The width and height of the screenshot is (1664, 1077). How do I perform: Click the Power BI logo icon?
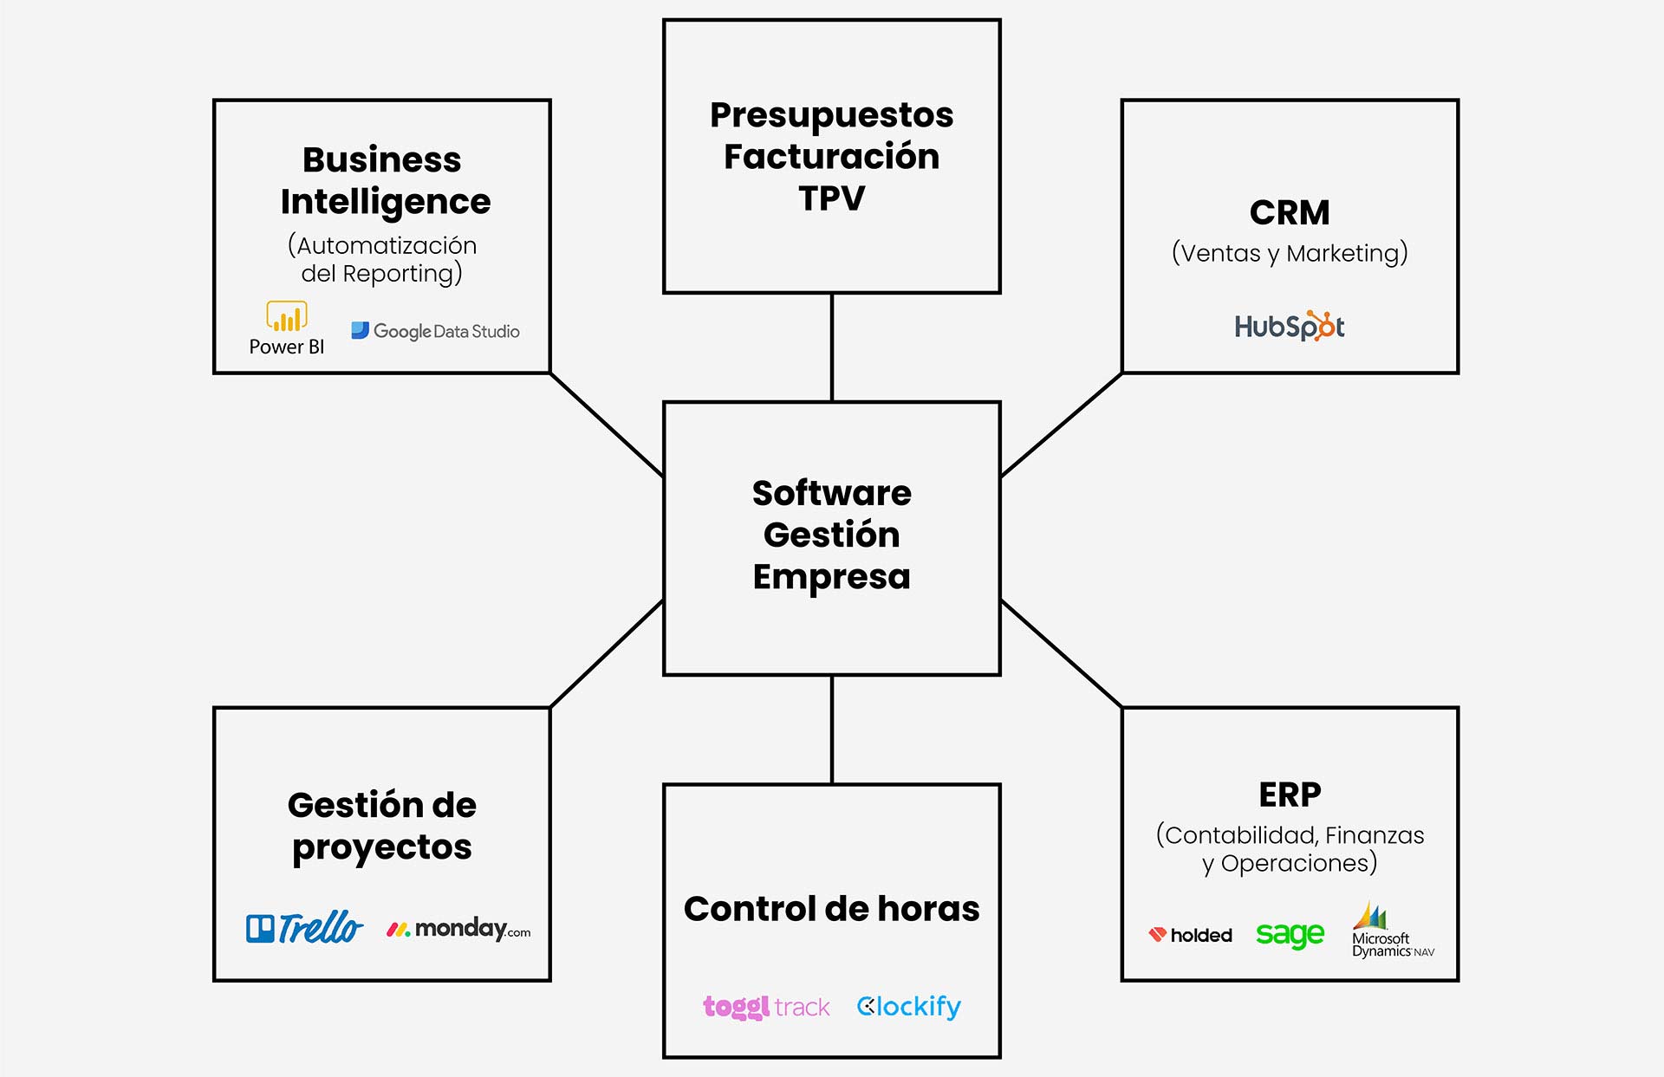pyautogui.click(x=287, y=317)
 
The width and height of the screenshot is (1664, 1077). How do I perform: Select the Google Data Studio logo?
pyautogui.click(x=435, y=331)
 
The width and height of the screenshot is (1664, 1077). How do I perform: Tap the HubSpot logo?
pyautogui.click(x=1290, y=327)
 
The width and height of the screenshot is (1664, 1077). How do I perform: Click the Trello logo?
pyautogui.click(x=304, y=928)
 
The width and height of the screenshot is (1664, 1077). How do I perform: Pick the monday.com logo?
pyautogui.click(x=458, y=929)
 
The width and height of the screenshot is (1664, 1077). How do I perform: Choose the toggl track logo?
pyautogui.click(x=766, y=1006)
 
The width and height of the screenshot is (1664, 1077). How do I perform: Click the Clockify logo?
pyautogui.click(x=908, y=1006)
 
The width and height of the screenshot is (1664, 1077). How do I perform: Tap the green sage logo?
pyautogui.click(x=1290, y=934)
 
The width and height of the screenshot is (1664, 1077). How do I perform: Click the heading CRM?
pyautogui.click(x=1290, y=212)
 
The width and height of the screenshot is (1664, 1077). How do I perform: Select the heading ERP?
pyautogui.click(x=1290, y=794)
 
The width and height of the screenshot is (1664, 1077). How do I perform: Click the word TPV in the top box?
pyautogui.click(x=832, y=198)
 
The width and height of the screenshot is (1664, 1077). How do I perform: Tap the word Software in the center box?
pyautogui.click(x=832, y=493)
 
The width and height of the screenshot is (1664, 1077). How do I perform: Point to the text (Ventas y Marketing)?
pyautogui.click(x=1290, y=253)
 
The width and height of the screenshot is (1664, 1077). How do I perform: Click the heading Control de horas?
pyautogui.click(x=832, y=909)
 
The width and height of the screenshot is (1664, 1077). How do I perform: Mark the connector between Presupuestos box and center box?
pyautogui.click(x=832, y=347)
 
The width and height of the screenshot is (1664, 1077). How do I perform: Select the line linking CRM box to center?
pyautogui.click(x=1062, y=425)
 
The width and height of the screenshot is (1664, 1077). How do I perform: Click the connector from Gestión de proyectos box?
pyautogui.click(x=607, y=654)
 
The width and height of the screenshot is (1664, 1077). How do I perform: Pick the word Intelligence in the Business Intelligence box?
pyautogui.click(x=386, y=202)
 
